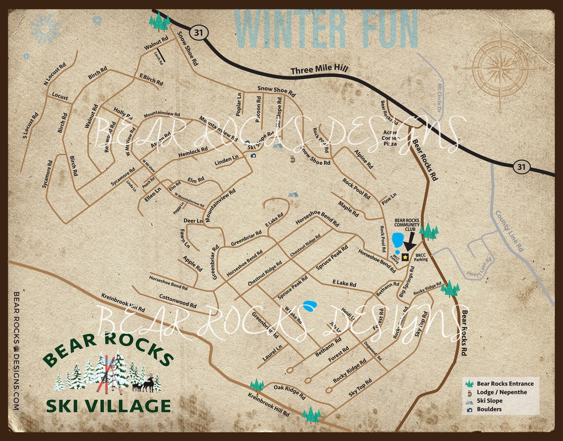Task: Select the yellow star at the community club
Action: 406,256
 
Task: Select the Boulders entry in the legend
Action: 489,409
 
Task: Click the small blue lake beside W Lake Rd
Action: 310,305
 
